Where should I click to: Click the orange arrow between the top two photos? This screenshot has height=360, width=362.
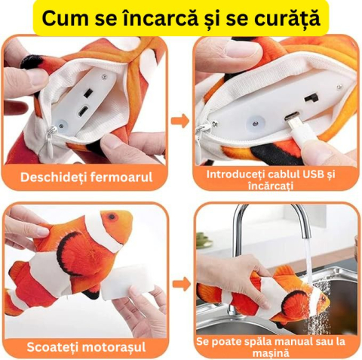pyautogui.click(x=179, y=119)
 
